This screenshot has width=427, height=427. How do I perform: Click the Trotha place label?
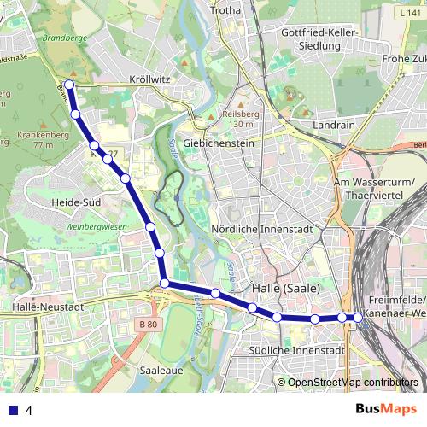coord(225,10)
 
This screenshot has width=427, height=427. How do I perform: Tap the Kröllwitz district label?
coord(149,79)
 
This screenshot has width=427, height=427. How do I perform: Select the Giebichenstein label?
coord(219,143)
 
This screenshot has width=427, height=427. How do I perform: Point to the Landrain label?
coord(335,124)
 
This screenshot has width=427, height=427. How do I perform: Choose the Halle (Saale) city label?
coord(286,288)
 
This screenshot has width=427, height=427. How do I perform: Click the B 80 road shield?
coord(148,325)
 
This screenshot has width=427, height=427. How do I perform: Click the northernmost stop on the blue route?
coord(69,85)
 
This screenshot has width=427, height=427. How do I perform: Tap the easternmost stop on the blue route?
coord(359,318)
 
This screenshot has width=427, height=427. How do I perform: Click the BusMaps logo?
coord(386,409)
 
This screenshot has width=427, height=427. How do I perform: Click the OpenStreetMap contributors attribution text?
coord(353,383)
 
